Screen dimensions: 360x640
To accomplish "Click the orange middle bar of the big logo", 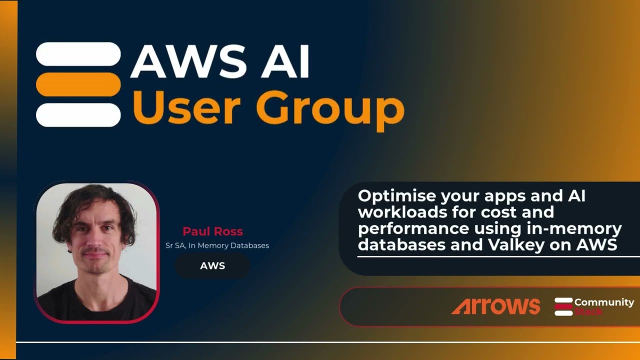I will (x=78, y=84).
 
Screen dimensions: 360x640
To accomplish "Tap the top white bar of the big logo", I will (x=78, y=54).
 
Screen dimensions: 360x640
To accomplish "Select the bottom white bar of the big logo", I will (x=78, y=115).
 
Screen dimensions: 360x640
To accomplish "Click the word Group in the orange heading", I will (x=330, y=108).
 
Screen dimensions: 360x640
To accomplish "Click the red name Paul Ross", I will (x=212, y=231).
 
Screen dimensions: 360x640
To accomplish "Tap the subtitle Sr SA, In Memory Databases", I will (x=217, y=245).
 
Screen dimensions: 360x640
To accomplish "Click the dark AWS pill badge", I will (x=212, y=265).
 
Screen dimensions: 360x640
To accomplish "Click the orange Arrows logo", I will (x=495, y=306).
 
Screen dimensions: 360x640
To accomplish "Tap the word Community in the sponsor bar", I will (x=604, y=302).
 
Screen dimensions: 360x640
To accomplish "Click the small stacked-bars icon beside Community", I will (x=563, y=306).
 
